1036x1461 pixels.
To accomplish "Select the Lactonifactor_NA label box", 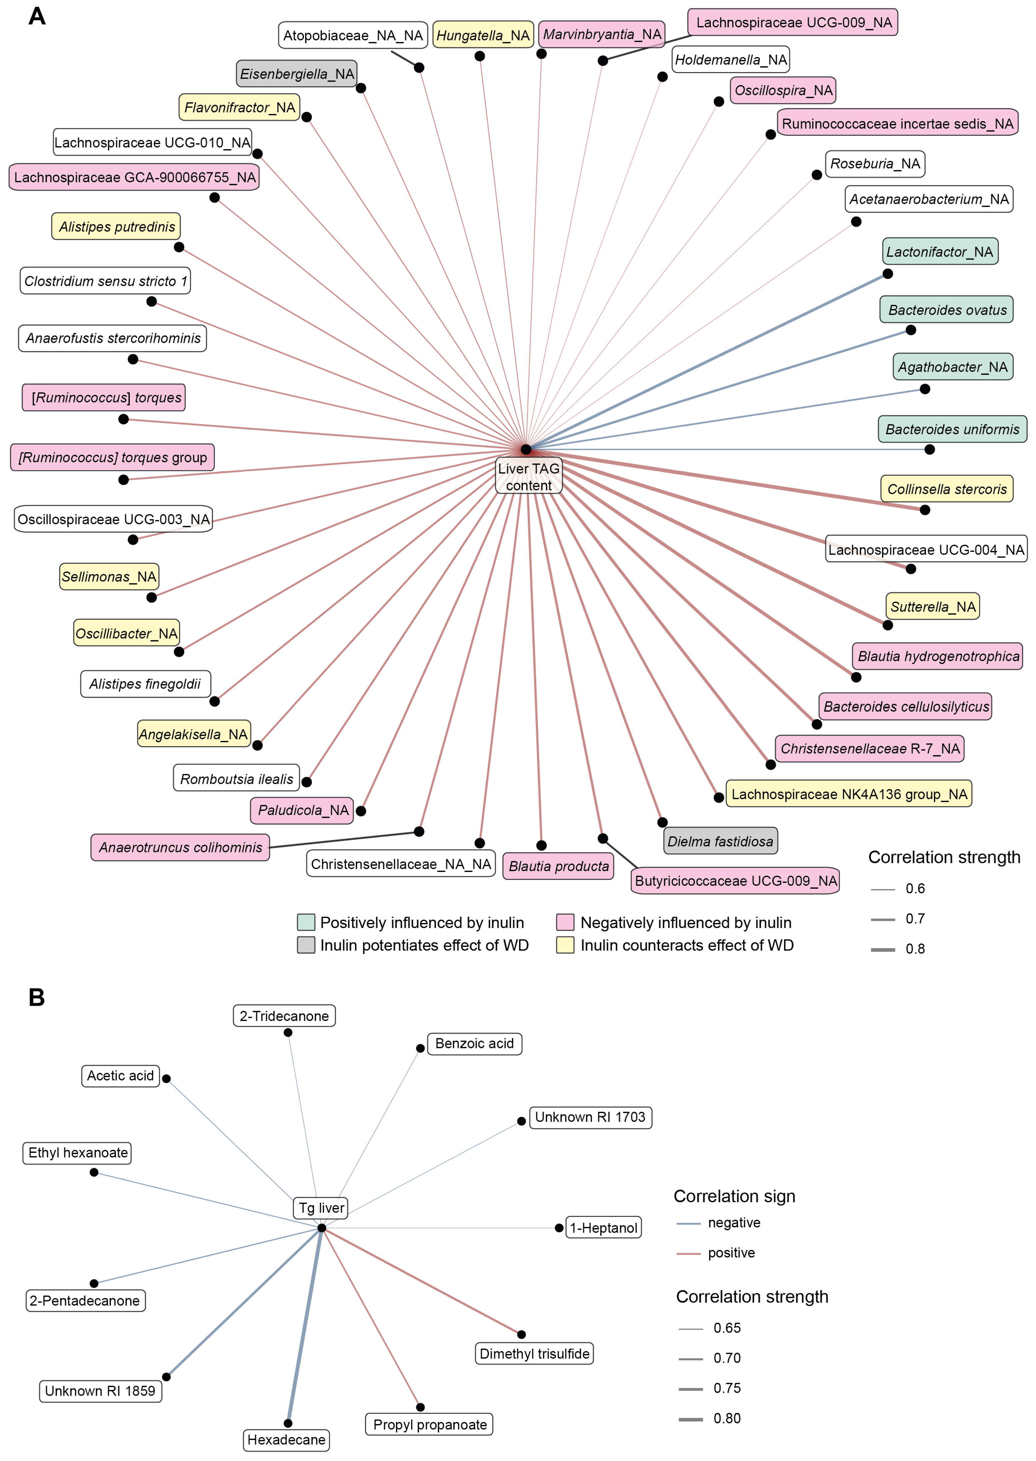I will [x=940, y=252].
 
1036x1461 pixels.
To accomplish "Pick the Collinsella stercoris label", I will [x=947, y=489].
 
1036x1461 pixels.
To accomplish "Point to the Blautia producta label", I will [x=558, y=866].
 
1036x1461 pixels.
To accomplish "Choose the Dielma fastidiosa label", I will [x=720, y=841].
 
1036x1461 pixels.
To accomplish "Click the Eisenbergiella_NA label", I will [x=297, y=74].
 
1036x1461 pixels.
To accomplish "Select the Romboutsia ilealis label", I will [x=237, y=779].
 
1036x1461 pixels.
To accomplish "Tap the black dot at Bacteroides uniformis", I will [x=930, y=450].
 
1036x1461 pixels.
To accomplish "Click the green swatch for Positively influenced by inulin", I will [x=306, y=922].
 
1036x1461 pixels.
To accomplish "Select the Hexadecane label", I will [x=286, y=1439].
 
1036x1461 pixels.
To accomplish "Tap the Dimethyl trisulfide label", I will [x=535, y=1353].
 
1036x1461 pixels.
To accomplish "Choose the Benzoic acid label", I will [x=474, y=1043].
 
